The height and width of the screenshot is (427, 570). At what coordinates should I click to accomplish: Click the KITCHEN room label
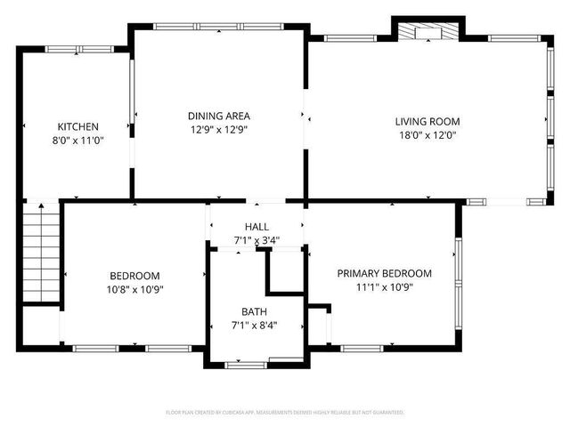click(x=78, y=127)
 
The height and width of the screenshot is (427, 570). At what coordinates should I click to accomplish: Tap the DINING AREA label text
click(x=218, y=116)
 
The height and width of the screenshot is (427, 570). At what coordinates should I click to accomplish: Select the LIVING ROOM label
click(x=427, y=122)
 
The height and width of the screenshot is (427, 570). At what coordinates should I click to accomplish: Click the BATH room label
click(x=254, y=311)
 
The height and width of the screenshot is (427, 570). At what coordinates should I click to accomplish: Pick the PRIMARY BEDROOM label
click(x=384, y=273)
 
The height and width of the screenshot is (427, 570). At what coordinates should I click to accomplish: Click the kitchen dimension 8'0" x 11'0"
click(x=78, y=141)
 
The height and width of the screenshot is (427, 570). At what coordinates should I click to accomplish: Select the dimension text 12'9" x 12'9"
click(x=218, y=129)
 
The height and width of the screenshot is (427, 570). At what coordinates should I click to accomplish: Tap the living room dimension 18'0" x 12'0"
click(x=427, y=135)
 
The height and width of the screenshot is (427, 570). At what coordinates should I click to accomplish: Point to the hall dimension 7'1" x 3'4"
click(x=256, y=240)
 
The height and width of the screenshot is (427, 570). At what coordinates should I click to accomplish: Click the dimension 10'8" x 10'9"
click(x=135, y=289)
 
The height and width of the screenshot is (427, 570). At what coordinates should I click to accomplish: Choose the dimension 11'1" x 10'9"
click(x=384, y=286)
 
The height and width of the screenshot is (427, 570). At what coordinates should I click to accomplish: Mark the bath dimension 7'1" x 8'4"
click(x=254, y=325)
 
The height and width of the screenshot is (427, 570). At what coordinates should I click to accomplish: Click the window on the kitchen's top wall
click(x=80, y=49)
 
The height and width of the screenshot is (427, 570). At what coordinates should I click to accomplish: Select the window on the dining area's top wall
click(x=220, y=26)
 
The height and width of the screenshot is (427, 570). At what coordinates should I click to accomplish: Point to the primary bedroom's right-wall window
click(x=458, y=276)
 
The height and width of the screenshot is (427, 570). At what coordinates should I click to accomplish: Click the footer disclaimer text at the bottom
click(x=285, y=413)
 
